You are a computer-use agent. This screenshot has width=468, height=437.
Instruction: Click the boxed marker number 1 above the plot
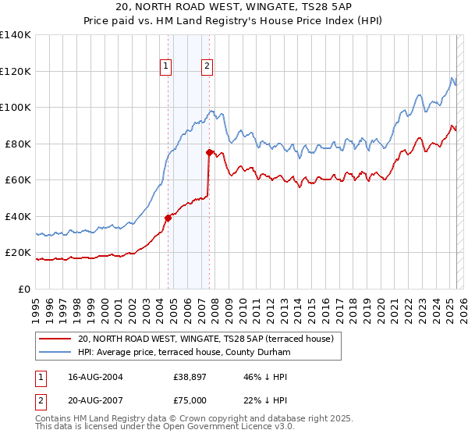click(x=167, y=66)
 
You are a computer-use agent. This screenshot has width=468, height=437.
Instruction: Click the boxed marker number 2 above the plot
click(x=207, y=66)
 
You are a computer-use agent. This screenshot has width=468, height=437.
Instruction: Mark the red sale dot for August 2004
click(x=168, y=218)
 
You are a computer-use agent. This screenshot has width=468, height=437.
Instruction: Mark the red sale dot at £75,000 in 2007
click(x=209, y=153)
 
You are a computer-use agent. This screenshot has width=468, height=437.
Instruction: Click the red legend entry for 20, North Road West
click(x=206, y=339)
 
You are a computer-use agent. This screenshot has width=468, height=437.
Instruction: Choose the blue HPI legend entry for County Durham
click(x=184, y=353)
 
